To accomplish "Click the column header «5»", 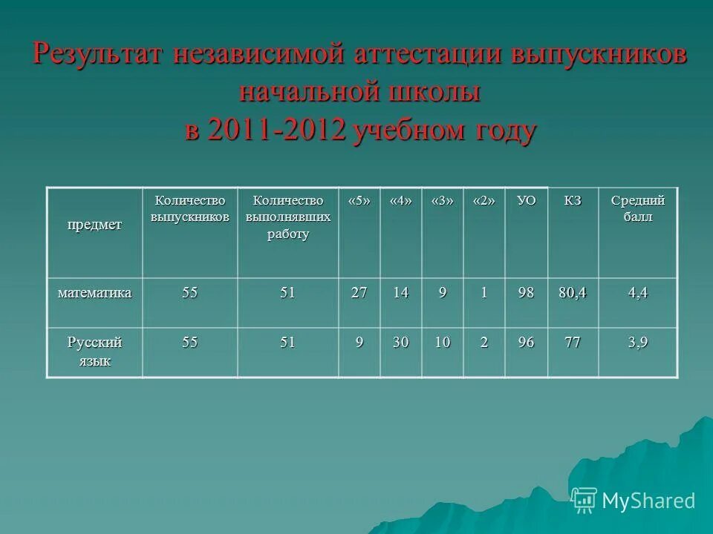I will click(x=359, y=201).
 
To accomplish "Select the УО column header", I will click(x=526, y=201).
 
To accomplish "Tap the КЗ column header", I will click(x=572, y=201).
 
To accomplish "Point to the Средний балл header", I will click(x=637, y=208).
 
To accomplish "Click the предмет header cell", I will click(x=95, y=225).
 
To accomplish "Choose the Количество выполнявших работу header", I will click(x=288, y=217).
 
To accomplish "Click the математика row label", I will click(x=95, y=293).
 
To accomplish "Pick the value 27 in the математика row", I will click(x=359, y=293).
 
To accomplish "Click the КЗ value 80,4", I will click(x=572, y=293).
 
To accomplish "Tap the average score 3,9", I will click(x=637, y=343).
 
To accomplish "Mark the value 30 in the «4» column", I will click(x=400, y=343).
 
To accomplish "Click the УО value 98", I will click(x=526, y=293).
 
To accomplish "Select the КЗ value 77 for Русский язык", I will click(x=572, y=343).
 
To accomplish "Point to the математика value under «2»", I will click(x=484, y=293).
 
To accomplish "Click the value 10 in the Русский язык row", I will click(x=442, y=343).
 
